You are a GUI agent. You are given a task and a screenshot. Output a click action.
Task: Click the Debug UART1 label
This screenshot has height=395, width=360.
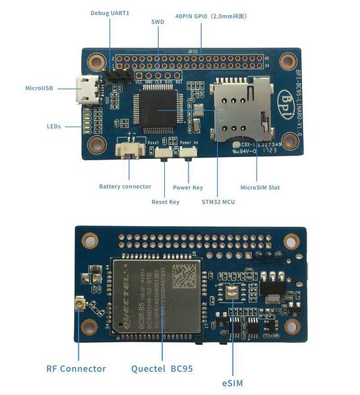(110, 13)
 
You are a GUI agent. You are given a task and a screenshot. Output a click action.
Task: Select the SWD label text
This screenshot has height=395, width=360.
(158, 21)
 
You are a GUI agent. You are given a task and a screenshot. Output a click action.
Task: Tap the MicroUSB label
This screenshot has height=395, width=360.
(40, 88)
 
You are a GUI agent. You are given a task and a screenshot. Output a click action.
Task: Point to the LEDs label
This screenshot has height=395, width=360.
(54, 125)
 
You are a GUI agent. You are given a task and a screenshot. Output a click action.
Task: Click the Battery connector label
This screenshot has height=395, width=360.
(125, 186)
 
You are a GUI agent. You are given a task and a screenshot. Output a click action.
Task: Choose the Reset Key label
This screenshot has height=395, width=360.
(165, 202)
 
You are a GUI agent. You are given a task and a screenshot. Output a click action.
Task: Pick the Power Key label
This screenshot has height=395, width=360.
(188, 187)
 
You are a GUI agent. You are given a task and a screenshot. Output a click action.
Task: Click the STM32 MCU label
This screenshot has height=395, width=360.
(218, 202)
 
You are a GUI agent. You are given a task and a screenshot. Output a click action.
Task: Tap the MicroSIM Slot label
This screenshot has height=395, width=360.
(260, 187)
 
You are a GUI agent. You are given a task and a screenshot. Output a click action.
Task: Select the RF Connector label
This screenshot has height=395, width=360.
(76, 369)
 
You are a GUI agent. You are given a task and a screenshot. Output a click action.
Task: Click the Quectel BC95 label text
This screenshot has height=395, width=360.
(162, 369)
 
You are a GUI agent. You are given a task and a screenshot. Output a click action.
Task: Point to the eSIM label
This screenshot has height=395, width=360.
(233, 382)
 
